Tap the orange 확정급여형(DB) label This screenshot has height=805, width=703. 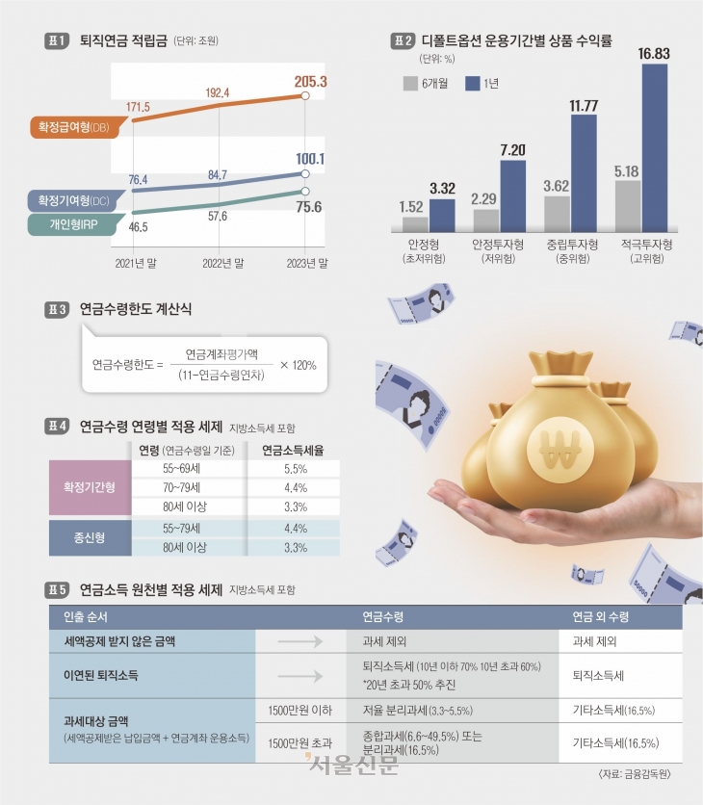pyautogui.click(x=71, y=127)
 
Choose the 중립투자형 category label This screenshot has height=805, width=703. pyautogui.click(x=570, y=247)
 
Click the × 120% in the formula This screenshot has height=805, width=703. pyautogui.click(x=298, y=365)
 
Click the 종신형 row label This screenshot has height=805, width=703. pyautogui.click(x=90, y=537)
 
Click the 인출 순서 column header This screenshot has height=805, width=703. pyautogui.click(x=85, y=615)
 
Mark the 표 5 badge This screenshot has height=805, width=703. pyautogui.click(x=58, y=588)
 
